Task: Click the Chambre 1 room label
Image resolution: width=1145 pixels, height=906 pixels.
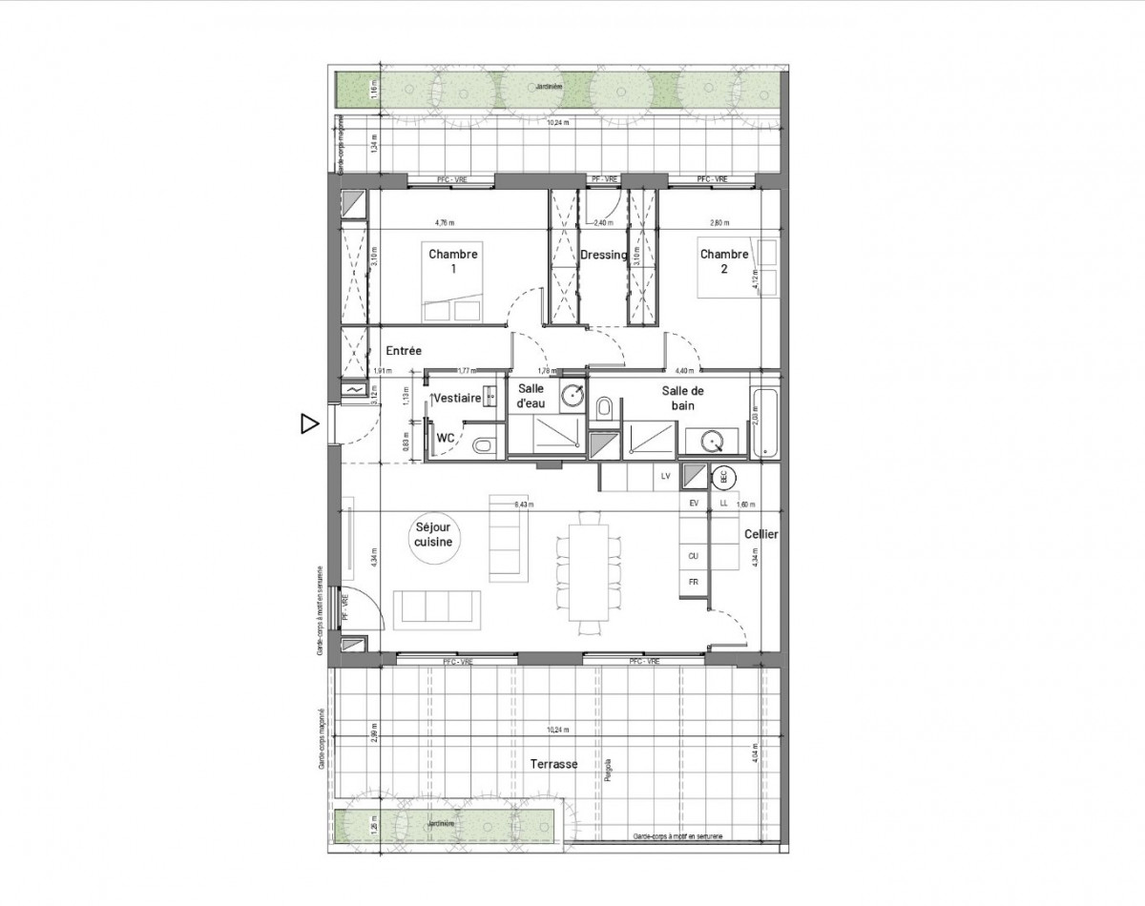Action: [x=453, y=261]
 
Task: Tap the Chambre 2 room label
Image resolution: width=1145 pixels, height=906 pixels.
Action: [x=724, y=261]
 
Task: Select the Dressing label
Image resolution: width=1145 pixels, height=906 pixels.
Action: [x=603, y=255]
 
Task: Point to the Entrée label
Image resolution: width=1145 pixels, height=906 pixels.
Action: [x=404, y=351]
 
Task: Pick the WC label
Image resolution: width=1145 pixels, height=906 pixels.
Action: [x=446, y=438]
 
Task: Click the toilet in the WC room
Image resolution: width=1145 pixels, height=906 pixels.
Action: [x=483, y=444]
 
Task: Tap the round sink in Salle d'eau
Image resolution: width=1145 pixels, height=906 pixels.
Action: [x=572, y=396]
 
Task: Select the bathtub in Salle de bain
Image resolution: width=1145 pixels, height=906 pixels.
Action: [x=766, y=423]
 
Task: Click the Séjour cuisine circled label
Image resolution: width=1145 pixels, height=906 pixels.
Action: [x=432, y=533]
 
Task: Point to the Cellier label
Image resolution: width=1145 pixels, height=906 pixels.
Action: [x=761, y=535]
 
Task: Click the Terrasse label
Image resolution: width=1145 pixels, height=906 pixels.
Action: [x=554, y=764]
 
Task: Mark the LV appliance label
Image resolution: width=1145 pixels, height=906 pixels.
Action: [x=664, y=476]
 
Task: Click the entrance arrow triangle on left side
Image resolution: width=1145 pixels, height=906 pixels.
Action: [x=308, y=423]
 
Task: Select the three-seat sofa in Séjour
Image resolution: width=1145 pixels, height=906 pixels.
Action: [x=438, y=607]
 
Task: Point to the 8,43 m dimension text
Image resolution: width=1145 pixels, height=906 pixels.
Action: [x=524, y=504]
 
